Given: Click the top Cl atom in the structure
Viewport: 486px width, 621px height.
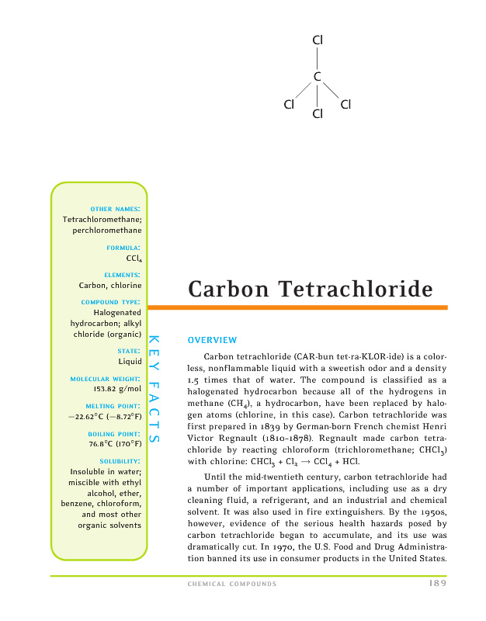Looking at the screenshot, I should pyautogui.click(x=318, y=40).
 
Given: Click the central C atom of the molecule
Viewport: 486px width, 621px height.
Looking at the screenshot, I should pyautogui.click(x=318, y=76).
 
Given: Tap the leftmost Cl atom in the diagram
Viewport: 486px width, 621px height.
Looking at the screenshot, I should pyautogui.click(x=290, y=104).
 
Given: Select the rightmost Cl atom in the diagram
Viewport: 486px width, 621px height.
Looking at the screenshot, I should pyautogui.click(x=345, y=104).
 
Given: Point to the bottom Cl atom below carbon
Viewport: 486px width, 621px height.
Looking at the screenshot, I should pyautogui.click(x=318, y=115).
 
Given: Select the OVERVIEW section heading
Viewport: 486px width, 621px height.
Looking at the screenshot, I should pyautogui.click(x=212, y=340).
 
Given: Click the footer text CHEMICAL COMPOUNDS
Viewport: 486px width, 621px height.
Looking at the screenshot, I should pyautogui.click(x=232, y=584).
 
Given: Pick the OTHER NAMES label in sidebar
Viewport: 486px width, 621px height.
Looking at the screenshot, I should pyautogui.click(x=116, y=209).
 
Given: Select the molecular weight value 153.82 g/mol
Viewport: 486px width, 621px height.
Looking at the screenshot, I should pyautogui.click(x=116, y=389).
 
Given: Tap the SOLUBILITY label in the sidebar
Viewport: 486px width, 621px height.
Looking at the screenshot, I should pyautogui.click(x=121, y=461).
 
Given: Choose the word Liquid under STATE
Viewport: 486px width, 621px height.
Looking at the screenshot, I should pyautogui.click(x=129, y=361).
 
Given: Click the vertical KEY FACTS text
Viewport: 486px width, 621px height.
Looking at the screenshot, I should pyautogui.click(x=154, y=388).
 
